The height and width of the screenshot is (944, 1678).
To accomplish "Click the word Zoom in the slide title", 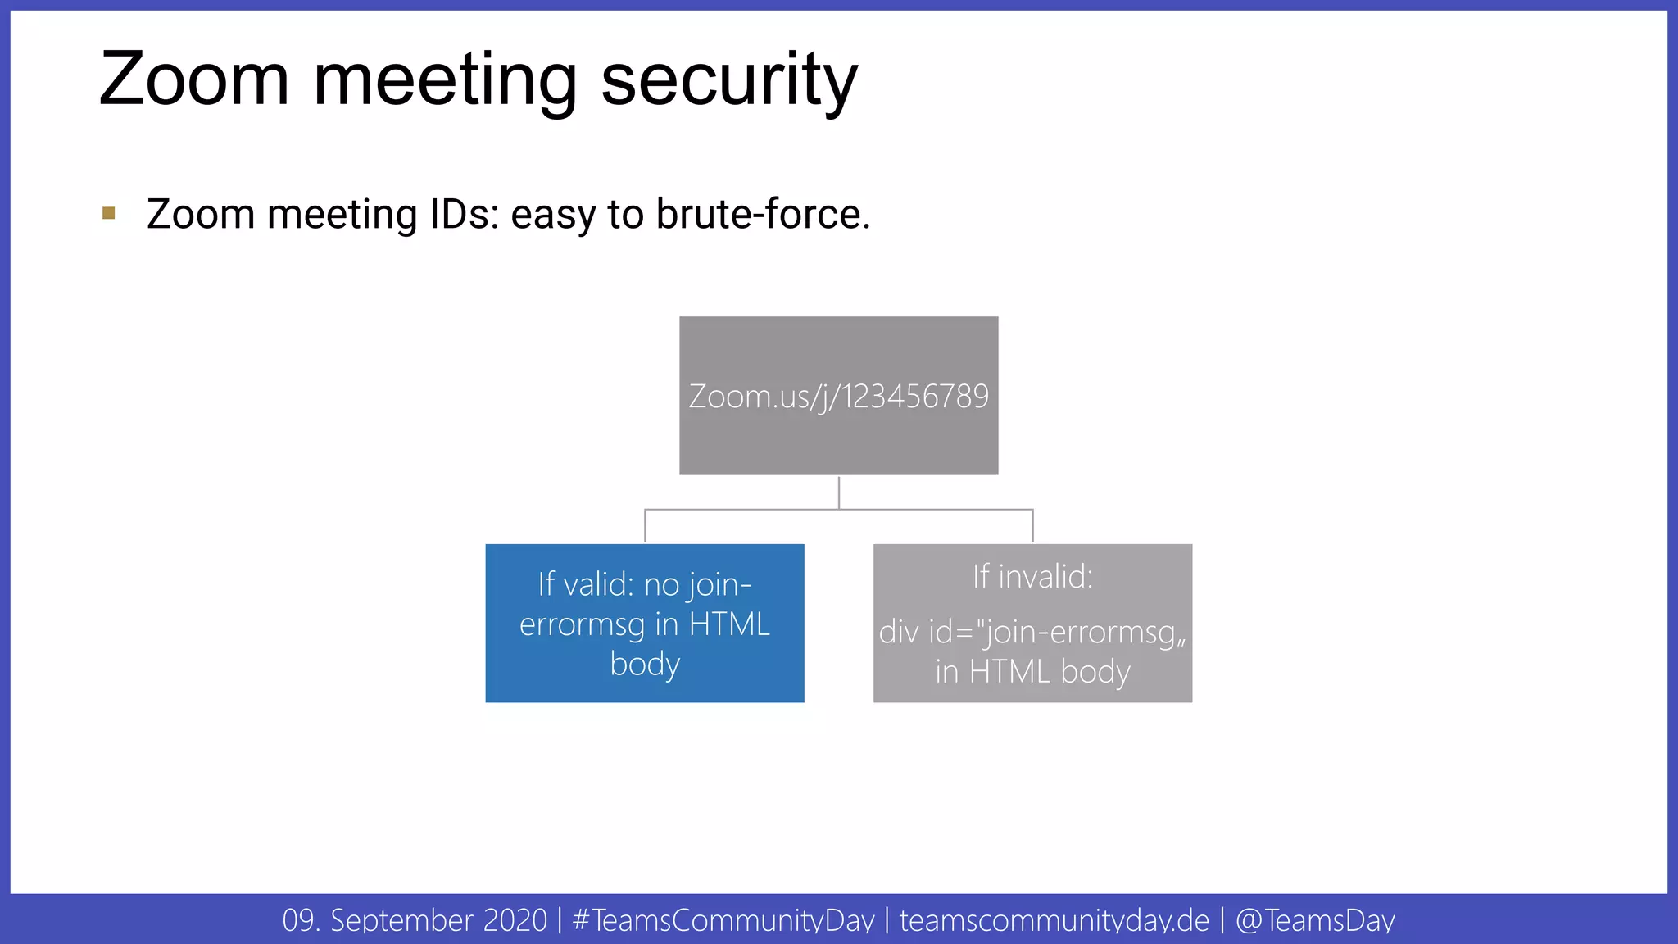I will [194, 79].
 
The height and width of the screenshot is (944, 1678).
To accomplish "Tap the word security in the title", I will [728, 79].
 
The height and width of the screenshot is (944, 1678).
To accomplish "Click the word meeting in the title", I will [445, 79].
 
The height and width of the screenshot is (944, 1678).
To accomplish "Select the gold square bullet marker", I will [109, 214].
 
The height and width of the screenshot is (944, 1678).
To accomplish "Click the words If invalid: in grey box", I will [1032, 577].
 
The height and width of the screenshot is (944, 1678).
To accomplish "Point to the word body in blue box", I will [645, 664].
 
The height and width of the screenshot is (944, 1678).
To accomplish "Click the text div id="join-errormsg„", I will [1032, 633].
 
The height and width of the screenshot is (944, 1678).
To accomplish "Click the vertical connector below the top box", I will [839, 492].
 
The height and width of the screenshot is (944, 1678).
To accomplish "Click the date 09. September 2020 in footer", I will [415, 920].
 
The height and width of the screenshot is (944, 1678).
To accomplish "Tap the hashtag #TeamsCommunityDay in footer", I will [723, 920].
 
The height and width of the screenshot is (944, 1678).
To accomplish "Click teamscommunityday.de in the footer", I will [1054, 920].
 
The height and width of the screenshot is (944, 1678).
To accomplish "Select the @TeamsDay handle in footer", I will [1314, 920].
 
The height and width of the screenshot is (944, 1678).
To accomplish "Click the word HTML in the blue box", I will [729, 624].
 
